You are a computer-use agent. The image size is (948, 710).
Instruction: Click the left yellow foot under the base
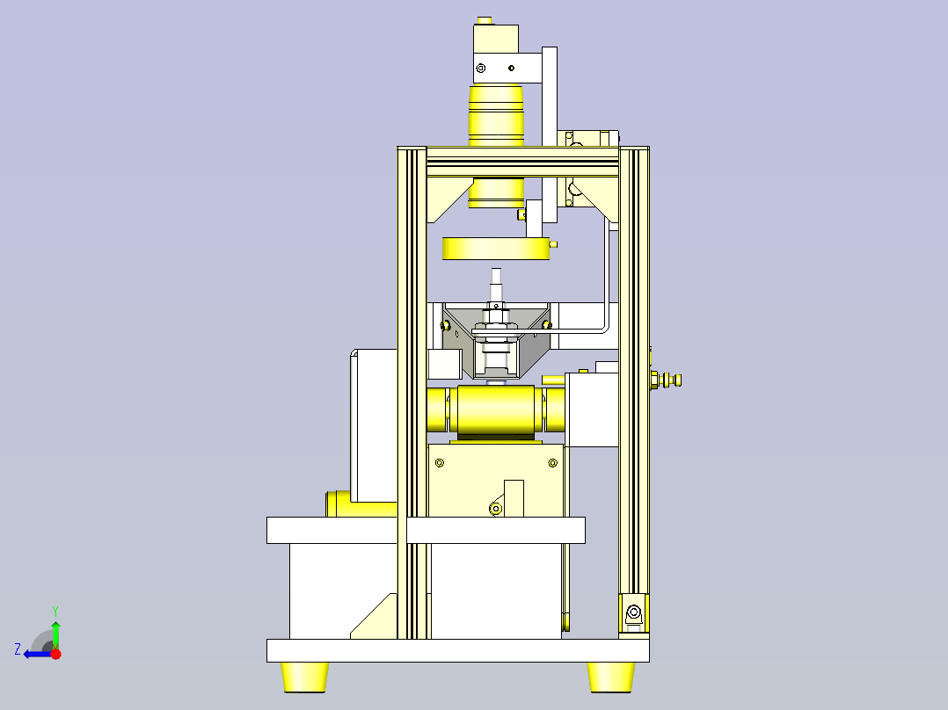click(x=305, y=676)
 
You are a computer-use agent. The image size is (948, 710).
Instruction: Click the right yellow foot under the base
click(x=611, y=676)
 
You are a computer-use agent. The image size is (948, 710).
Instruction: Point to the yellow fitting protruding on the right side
click(x=667, y=380)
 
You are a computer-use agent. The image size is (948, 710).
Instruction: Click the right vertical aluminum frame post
click(x=634, y=369)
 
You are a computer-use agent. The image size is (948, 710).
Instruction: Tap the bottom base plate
click(x=457, y=650)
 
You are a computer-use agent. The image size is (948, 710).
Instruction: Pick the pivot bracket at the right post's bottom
click(x=634, y=612)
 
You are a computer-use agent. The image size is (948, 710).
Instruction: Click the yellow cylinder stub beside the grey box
click(x=338, y=504)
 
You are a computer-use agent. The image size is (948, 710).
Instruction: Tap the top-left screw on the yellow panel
click(x=441, y=463)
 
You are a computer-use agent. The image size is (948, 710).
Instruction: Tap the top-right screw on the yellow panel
click(x=552, y=463)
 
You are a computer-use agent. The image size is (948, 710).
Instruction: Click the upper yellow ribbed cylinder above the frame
click(x=497, y=114)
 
